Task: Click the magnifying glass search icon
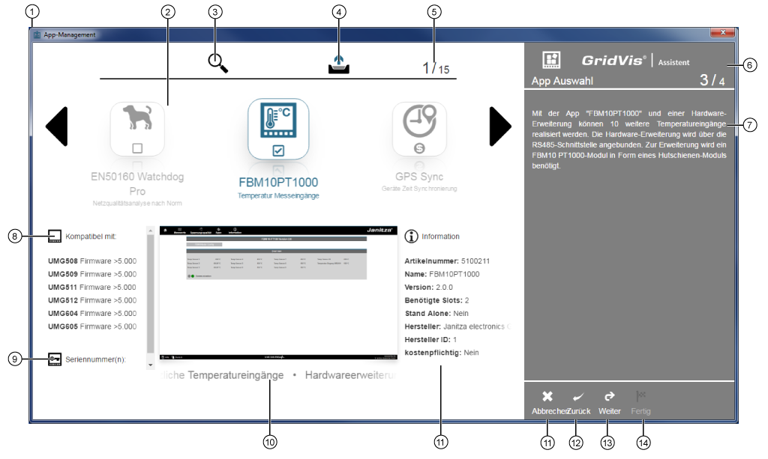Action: [x=217, y=63]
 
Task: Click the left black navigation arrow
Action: [x=57, y=126]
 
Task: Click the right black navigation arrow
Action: [x=499, y=126]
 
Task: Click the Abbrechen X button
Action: [x=547, y=397]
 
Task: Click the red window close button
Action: [x=722, y=33]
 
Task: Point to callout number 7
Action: [x=748, y=124]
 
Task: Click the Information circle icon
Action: [x=411, y=237]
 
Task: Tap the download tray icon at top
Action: [x=339, y=65]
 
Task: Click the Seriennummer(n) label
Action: [x=95, y=359]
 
